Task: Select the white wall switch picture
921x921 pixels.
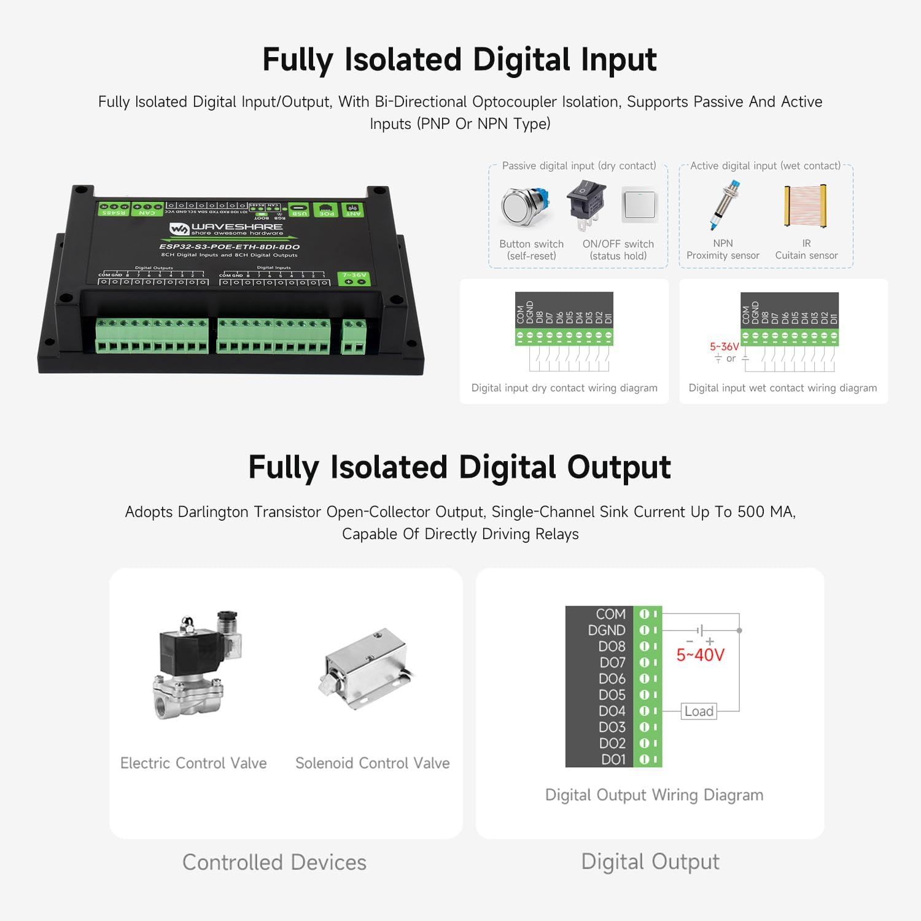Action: [640, 205]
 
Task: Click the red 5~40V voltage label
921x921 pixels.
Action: [700, 655]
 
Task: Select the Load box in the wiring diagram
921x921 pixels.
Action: [699, 711]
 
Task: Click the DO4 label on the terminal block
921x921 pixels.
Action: [612, 711]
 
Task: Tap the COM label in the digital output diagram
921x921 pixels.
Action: [610, 614]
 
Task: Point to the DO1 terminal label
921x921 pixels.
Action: [613, 760]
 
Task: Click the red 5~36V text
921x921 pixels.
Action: [724, 347]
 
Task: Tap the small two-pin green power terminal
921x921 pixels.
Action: [354, 338]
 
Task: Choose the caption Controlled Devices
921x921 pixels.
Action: [274, 863]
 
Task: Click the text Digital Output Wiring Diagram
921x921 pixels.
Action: [654, 795]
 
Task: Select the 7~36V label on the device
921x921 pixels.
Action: [354, 275]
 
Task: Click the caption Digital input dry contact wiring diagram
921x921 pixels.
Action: [564, 388]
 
